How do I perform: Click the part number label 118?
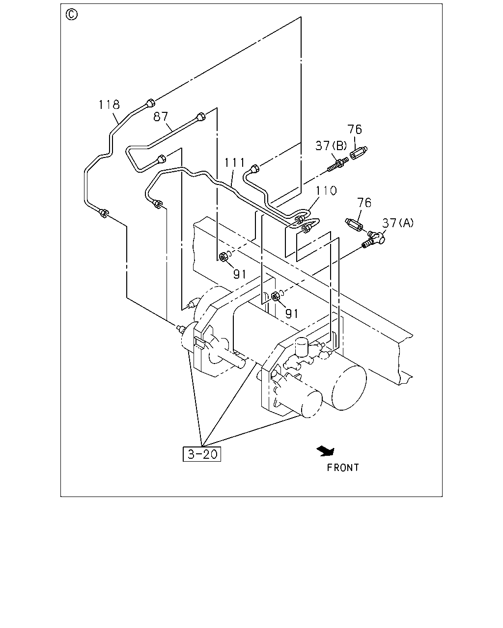[109, 105]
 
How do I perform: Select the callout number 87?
[161, 117]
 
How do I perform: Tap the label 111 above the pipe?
[234, 162]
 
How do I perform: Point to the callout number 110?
[326, 190]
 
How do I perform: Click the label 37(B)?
[331, 146]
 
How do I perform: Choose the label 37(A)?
[398, 223]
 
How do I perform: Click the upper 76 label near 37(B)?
[355, 129]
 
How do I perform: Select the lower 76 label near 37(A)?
[364, 203]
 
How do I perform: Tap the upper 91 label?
[240, 274]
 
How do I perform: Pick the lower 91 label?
[292, 314]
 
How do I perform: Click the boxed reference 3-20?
[202, 454]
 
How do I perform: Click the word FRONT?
[343, 468]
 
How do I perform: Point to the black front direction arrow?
[326, 451]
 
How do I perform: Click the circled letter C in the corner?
[72, 14]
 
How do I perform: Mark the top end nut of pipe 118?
[150, 103]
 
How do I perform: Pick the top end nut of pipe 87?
[201, 117]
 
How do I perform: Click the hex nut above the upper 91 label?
[224, 257]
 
